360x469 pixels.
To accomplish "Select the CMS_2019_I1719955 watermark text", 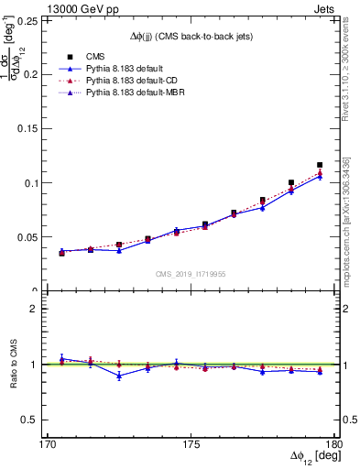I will click(x=190, y=272).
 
